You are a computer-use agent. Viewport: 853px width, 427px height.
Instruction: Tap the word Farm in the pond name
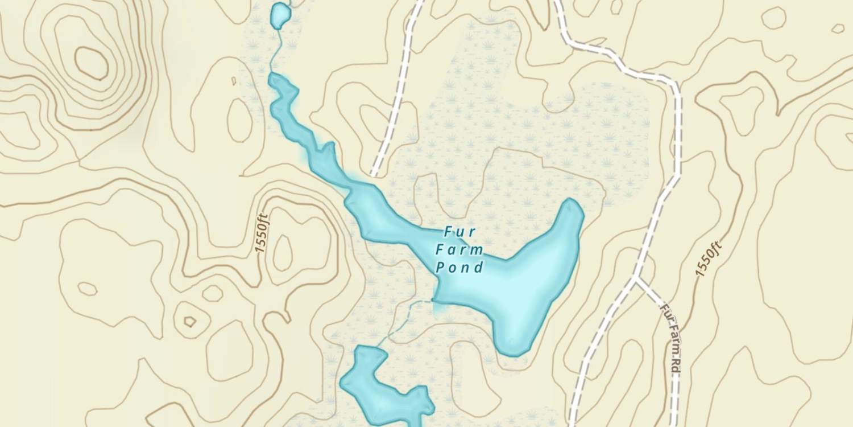pyautogui.click(x=459, y=249)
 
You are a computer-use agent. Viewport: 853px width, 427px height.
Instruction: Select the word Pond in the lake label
pyautogui.click(x=460, y=267)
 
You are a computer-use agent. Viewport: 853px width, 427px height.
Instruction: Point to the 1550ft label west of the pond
pyautogui.click(x=262, y=233)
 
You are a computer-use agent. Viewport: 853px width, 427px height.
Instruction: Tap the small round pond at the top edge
pyautogui.click(x=279, y=15)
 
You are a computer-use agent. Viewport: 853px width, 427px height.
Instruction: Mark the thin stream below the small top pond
pyautogui.click(x=276, y=51)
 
